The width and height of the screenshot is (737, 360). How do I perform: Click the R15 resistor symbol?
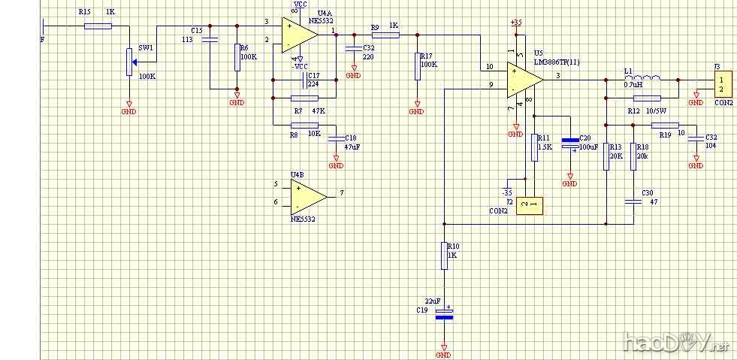98,26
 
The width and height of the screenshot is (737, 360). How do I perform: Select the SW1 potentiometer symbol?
129,61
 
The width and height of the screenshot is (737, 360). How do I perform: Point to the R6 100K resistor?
237,57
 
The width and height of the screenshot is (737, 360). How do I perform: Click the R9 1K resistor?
385,34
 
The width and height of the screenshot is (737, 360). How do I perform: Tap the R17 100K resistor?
416,66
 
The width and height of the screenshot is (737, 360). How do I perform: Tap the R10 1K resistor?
444,256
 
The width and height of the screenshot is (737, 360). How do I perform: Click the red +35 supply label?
515,23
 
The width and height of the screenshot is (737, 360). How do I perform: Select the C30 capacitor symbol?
633,201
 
